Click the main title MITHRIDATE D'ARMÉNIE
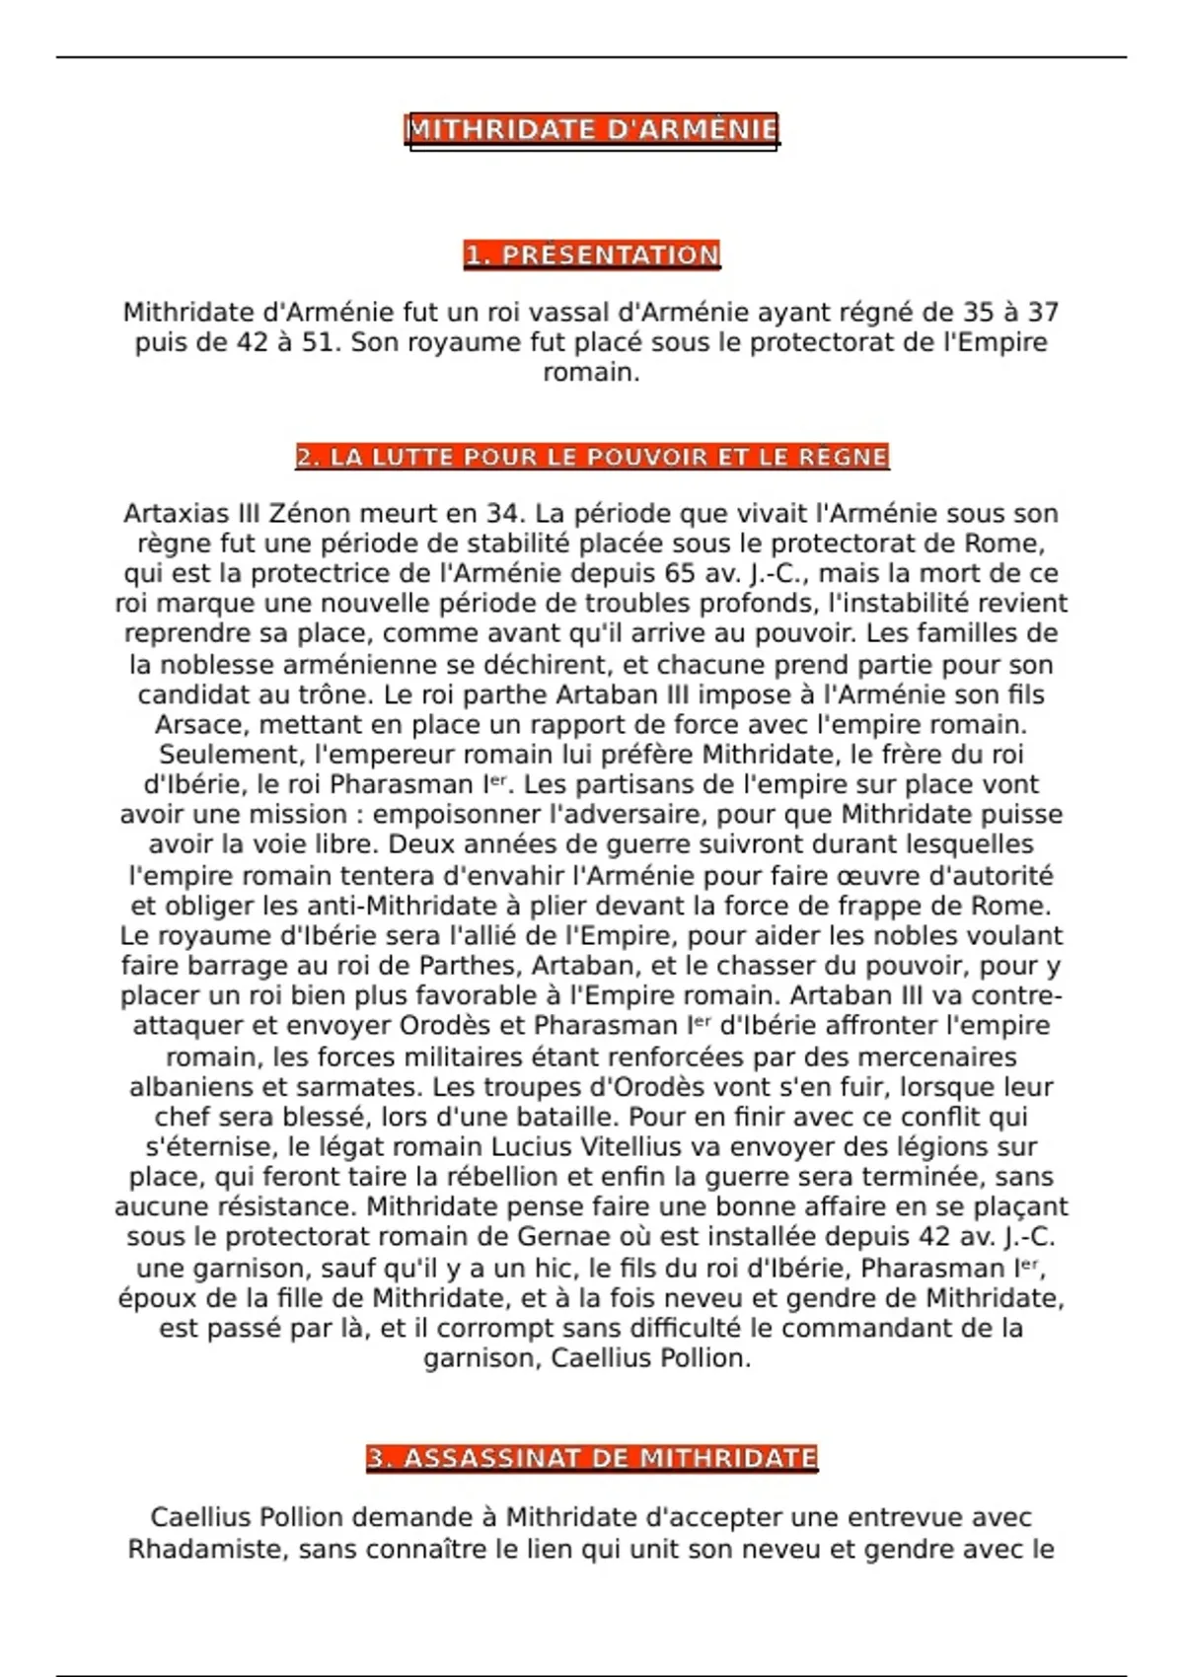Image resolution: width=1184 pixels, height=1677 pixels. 592,129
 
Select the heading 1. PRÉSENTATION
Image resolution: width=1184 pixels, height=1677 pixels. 592,255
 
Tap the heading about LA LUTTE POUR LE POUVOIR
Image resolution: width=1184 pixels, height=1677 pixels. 592,457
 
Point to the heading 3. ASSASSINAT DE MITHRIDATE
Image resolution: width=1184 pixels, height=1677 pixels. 592,1458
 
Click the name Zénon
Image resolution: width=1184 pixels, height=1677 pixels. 310,514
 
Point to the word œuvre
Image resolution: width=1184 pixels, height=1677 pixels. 849,876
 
